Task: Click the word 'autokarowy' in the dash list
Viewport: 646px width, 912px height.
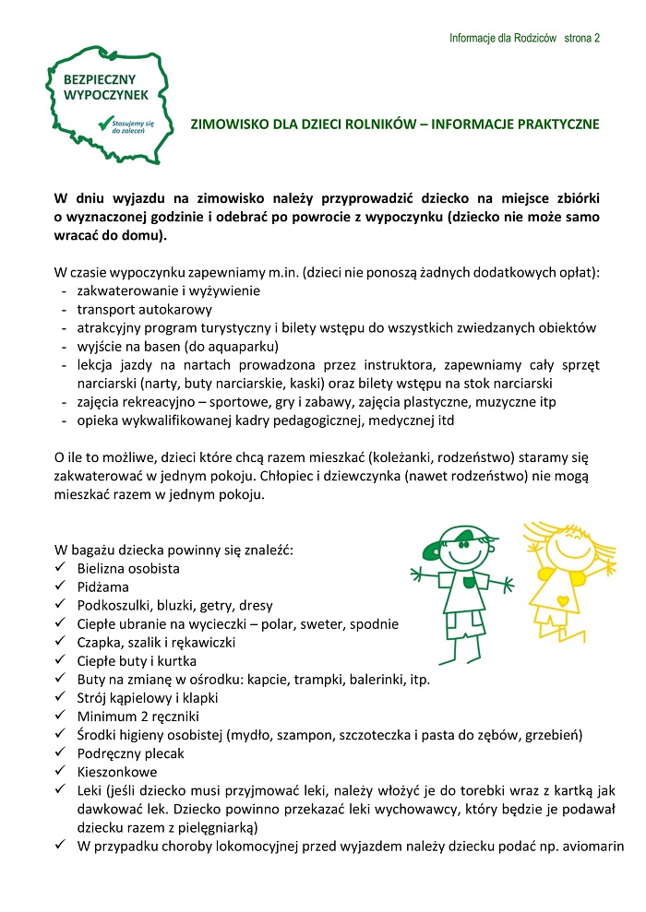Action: [x=179, y=309]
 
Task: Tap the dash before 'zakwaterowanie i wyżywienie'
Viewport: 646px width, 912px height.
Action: [x=63, y=290]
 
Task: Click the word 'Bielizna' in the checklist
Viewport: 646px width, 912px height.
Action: [x=102, y=568]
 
